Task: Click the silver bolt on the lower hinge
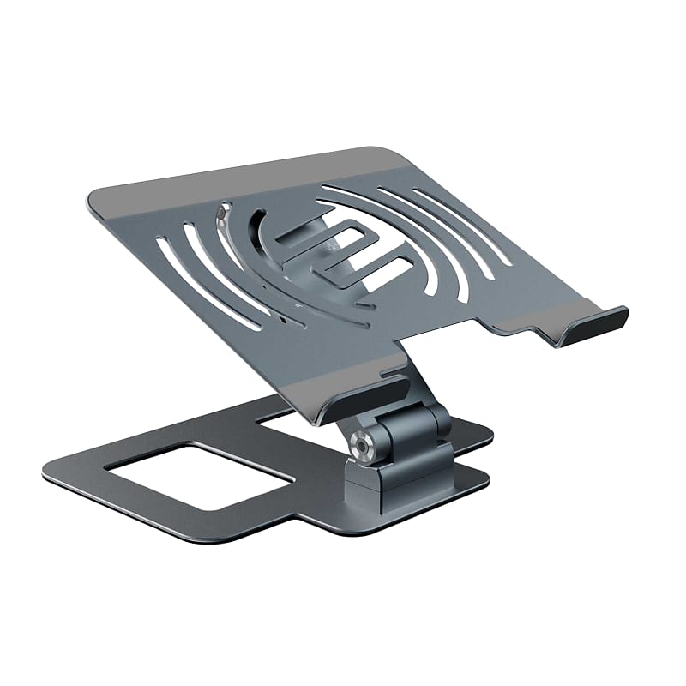pyautogui.click(x=360, y=446)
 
